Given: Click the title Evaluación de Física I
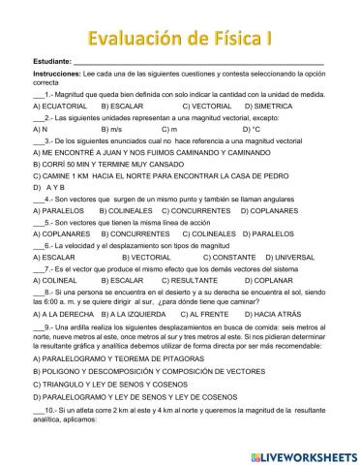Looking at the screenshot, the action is pyautogui.click(x=180, y=38).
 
